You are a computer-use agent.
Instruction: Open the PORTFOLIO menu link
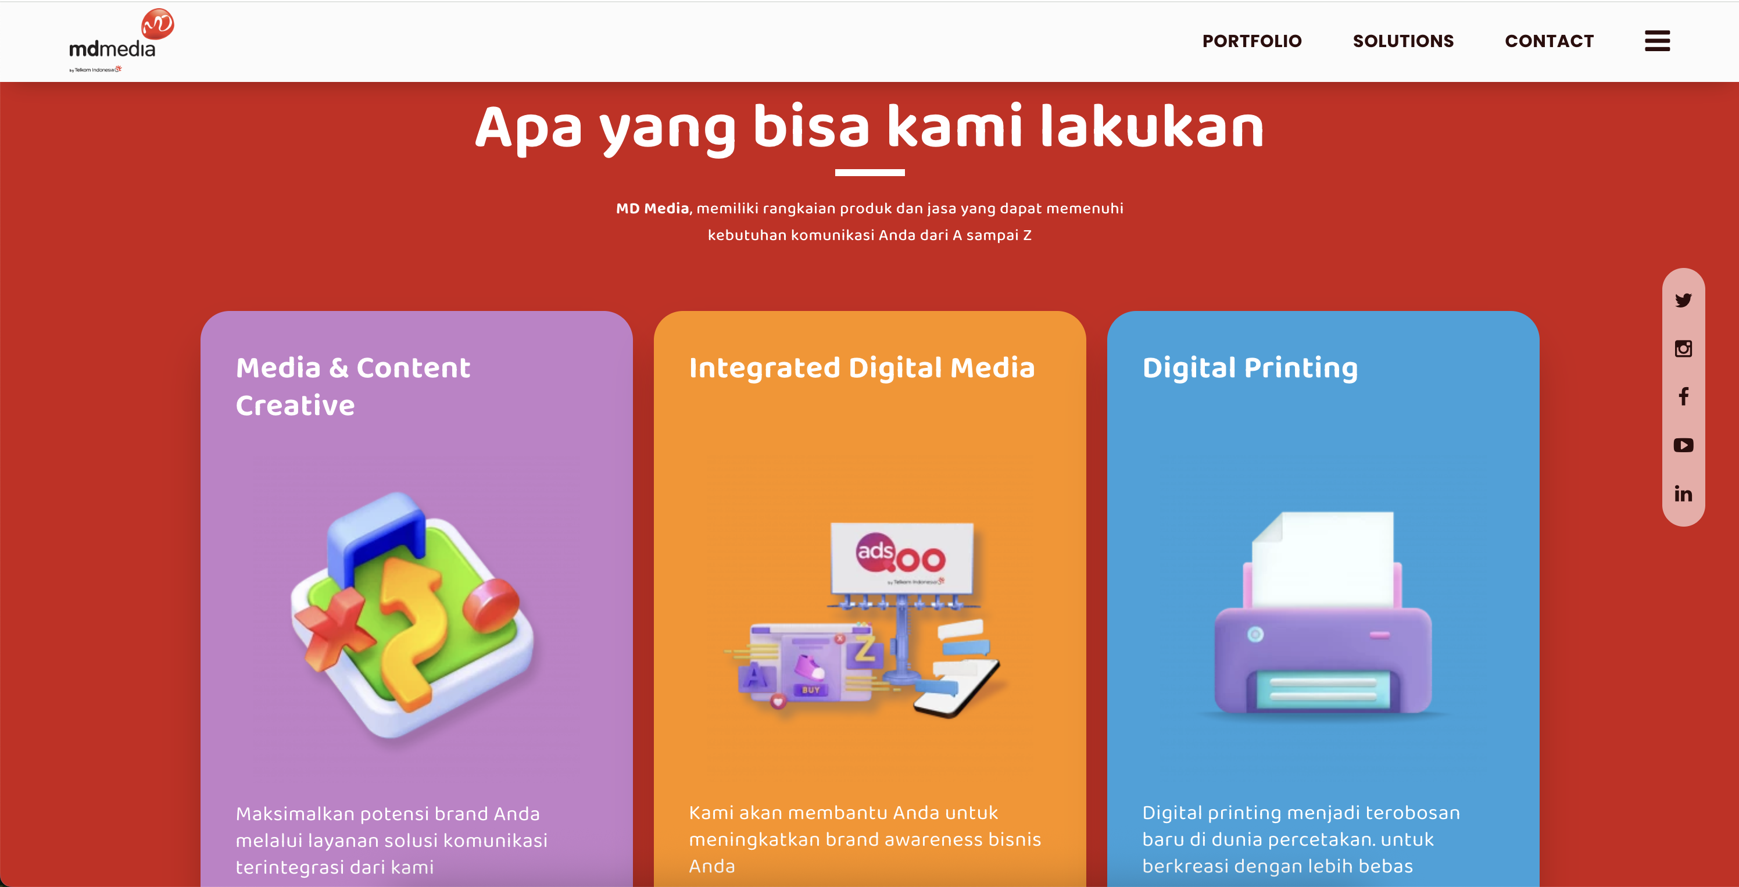click(x=1251, y=41)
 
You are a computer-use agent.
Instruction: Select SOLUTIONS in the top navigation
click(x=1403, y=41)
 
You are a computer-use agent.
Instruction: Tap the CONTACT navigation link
click(x=1548, y=41)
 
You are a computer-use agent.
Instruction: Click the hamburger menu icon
click(x=1656, y=41)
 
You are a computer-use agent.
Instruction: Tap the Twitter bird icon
click(x=1683, y=301)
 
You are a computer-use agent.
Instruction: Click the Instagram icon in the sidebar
click(x=1683, y=348)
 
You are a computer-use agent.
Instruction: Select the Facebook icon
click(x=1683, y=397)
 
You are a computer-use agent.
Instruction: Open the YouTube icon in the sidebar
click(x=1683, y=445)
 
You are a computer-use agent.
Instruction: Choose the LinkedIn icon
click(x=1683, y=494)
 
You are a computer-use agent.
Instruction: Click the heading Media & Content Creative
click(x=352, y=386)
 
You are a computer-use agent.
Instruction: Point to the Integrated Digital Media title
click(x=861, y=368)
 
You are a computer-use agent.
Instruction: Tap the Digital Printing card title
click(x=1250, y=368)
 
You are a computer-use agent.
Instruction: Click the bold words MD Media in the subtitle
click(x=652, y=209)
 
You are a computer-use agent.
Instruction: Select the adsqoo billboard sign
click(x=901, y=556)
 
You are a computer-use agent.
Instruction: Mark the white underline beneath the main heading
click(x=869, y=173)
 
